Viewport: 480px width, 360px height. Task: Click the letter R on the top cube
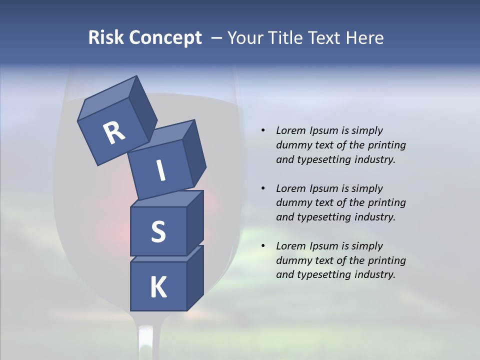[x=114, y=132]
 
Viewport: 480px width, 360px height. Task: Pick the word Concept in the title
[x=165, y=37]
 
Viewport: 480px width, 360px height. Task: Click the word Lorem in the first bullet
[x=290, y=130]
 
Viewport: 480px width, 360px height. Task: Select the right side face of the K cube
[x=195, y=277]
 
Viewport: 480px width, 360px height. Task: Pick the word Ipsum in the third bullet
[x=323, y=246]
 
